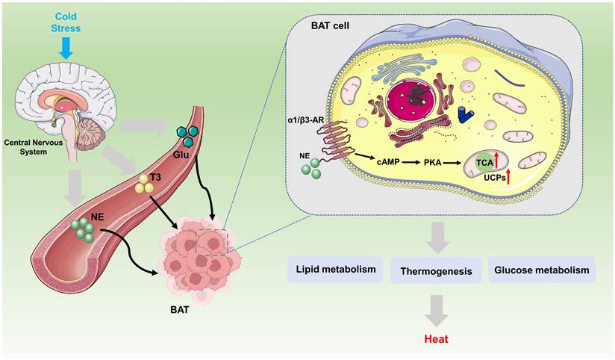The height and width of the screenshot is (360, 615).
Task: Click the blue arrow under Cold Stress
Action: pos(66,47)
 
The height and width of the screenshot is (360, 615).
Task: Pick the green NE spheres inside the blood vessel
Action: pos(82,229)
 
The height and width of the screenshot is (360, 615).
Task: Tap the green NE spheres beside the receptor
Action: pos(312,166)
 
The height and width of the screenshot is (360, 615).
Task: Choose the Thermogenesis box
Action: pos(436,270)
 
